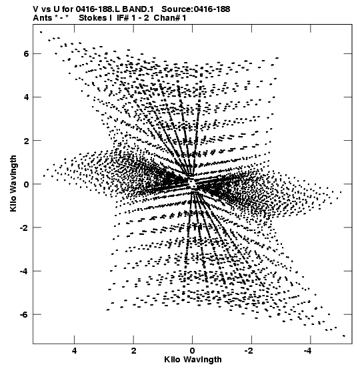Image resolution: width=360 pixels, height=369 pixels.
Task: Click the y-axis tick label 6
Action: [x=26, y=54]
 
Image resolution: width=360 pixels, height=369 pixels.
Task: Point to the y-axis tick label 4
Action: [x=26, y=97]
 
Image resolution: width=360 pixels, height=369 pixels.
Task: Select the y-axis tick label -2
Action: [x=24, y=228]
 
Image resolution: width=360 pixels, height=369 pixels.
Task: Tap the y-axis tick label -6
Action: [x=24, y=314]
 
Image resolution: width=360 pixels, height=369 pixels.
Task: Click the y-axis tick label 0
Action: [x=26, y=184]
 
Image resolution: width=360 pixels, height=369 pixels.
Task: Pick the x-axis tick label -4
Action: [x=308, y=351]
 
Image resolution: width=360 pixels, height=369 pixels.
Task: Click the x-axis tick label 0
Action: [x=193, y=351]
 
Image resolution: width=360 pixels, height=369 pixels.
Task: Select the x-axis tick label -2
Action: [x=249, y=351]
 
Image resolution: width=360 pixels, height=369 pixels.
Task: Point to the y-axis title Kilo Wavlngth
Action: [x=13, y=183]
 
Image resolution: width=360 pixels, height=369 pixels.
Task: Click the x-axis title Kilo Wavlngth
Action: [x=193, y=360]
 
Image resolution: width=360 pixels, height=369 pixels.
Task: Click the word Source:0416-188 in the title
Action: [x=196, y=9]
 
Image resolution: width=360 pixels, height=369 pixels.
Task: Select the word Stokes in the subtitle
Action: [x=93, y=18]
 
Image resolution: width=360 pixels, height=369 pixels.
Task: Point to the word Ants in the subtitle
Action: [x=43, y=18]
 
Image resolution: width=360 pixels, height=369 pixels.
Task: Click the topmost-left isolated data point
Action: [x=41, y=32]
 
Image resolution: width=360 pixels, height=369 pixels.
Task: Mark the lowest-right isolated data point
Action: [x=344, y=336]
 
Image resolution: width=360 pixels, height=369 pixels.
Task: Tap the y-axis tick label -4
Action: [x=24, y=271]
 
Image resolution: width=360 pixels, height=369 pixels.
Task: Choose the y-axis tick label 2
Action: [x=26, y=141]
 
